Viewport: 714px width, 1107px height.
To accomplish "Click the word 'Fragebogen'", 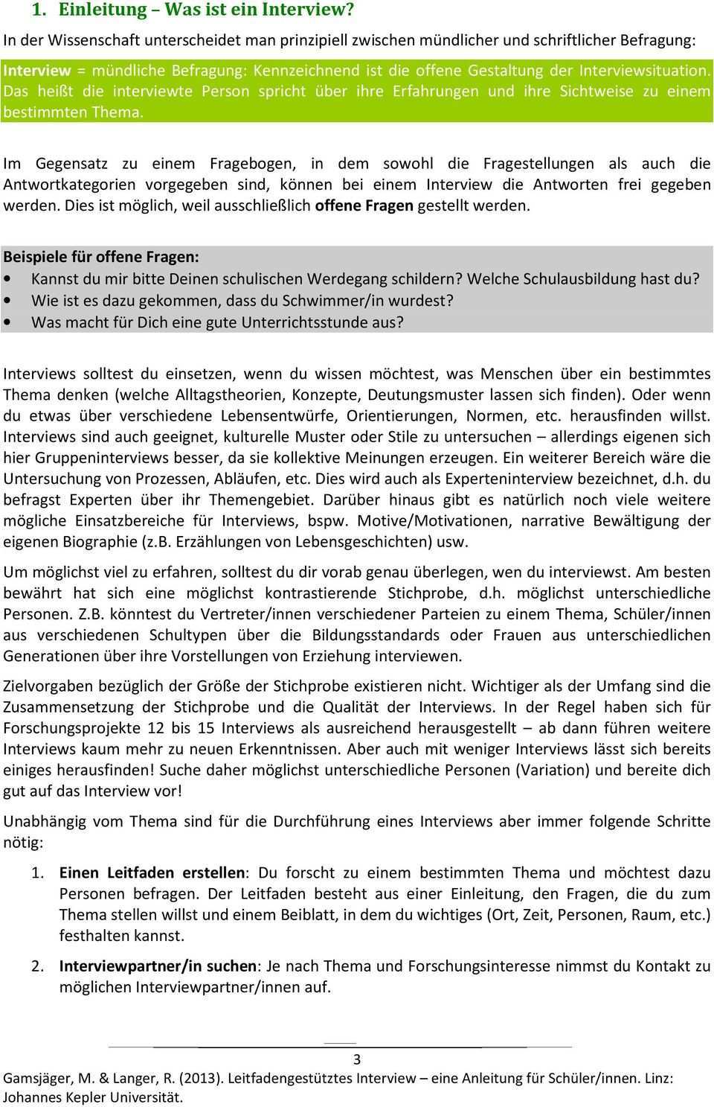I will pos(254,163).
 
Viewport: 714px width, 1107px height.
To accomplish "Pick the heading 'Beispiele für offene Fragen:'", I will pos(101,257).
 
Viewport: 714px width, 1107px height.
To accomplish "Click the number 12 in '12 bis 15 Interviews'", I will pos(156,727).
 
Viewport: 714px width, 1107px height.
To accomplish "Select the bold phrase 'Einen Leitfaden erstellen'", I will pos(152,872).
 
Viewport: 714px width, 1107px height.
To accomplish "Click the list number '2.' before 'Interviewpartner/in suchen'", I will pos(38,966).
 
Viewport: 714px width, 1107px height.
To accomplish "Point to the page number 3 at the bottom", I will pos(357,1060).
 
